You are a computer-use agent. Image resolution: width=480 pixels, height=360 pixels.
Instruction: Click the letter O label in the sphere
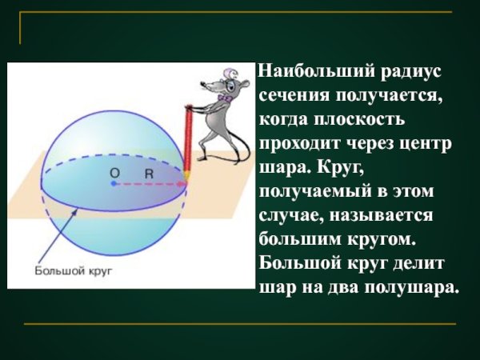pyautogui.click(x=114, y=172)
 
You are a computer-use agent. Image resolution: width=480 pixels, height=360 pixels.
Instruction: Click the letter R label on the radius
pyautogui.click(x=149, y=172)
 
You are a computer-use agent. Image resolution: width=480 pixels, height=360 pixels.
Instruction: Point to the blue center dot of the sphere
pyautogui.click(x=114, y=184)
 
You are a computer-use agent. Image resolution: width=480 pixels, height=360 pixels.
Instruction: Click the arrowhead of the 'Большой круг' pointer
pyautogui.click(x=77, y=210)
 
